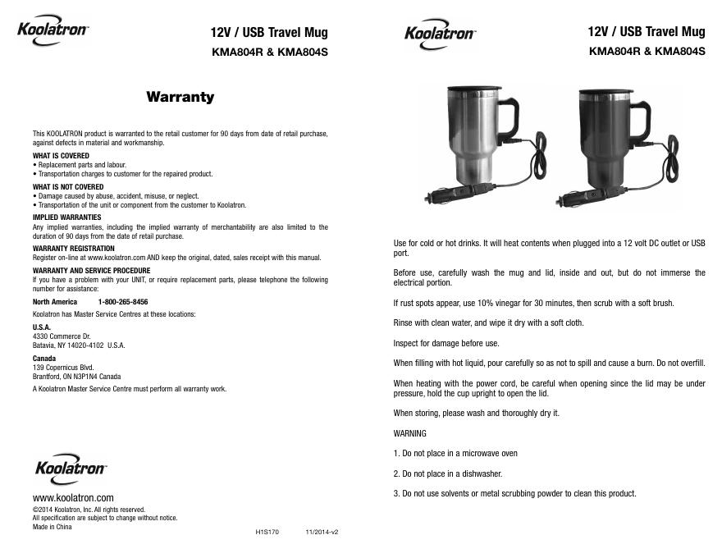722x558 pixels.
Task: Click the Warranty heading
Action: click(180, 97)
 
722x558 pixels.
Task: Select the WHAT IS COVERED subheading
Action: click(61, 155)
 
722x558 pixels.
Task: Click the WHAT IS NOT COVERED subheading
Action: click(68, 186)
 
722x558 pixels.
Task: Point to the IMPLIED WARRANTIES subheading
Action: click(66, 217)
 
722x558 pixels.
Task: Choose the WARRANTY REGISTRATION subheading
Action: click(74, 248)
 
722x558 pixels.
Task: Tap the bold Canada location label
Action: click(44, 359)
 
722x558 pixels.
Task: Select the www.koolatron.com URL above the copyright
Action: click(73, 498)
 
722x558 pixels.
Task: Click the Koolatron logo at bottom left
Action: click(71, 469)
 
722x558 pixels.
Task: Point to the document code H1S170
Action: click(267, 532)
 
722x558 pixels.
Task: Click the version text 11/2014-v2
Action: click(322, 532)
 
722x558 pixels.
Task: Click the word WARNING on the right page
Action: click(410, 433)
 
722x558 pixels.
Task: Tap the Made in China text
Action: click(52, 527)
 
